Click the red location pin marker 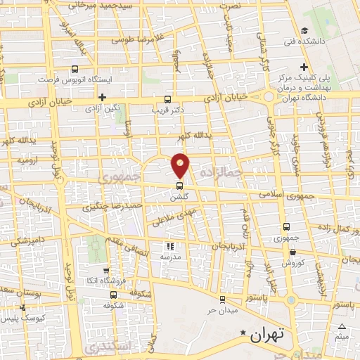[181, 165]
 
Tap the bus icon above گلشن [180, 186]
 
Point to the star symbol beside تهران [243, 332]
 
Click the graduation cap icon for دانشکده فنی [304, 30]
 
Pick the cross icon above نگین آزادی [103, 97]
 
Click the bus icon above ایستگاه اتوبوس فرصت [75, 69]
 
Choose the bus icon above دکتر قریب [167, 99]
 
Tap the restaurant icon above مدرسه [169, 246]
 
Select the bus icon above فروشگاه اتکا [105, 271]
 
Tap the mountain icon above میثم [342, 327]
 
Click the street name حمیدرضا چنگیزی [114, 207]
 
